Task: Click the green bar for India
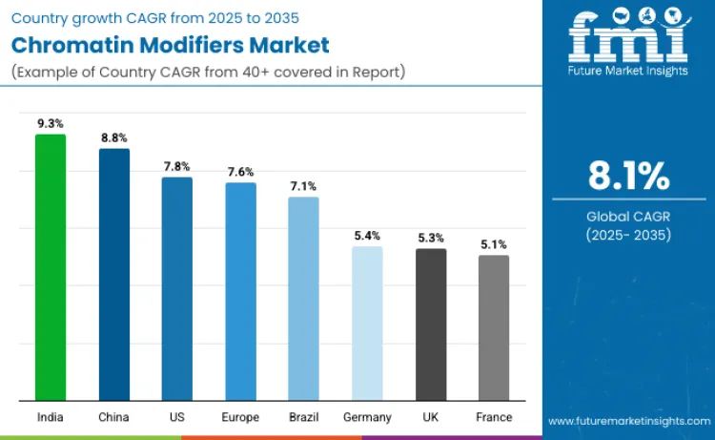click(51, 267)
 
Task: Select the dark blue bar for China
click(114, 275)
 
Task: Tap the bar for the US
click(177, 288)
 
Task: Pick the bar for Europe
click(240, 291)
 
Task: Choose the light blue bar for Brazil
click(303, 299)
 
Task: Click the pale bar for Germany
click(367, 324)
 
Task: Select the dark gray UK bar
click(431, 325)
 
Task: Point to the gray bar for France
click(494, 327)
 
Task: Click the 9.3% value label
click(51, 123)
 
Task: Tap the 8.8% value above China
click(114, 138)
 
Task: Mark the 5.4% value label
click(367, 236)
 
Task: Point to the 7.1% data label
click(303, 186)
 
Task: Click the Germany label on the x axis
click(367, 417)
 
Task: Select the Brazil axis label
click(303, 417)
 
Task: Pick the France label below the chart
click(494, 417)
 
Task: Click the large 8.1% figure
click(628, 177)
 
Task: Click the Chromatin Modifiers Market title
click(172, 45)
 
